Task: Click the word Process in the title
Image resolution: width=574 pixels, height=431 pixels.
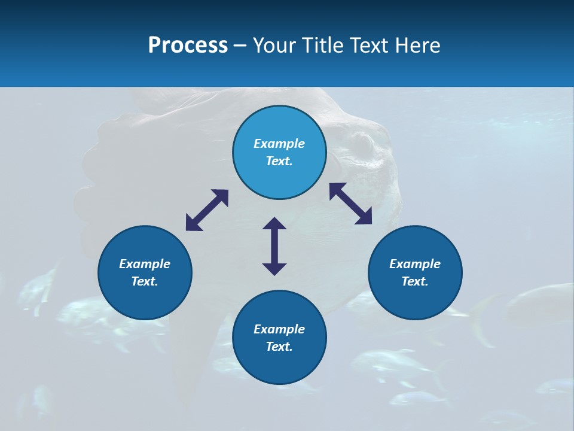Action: (x=188, y=45)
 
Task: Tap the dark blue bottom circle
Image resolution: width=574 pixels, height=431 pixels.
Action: (x=279, y=365)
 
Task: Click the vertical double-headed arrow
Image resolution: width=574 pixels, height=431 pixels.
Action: (x=274, y=246)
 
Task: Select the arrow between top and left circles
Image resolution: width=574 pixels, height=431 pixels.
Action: (x=207, y=210)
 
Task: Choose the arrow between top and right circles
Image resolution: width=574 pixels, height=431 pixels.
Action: (x=351, y=204)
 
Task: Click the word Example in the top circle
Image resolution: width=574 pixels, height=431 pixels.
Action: (x=279, y=144)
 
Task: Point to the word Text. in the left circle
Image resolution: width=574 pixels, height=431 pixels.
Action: (x=145, y=281)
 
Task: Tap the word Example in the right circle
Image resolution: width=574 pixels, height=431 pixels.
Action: (x=415, y=264)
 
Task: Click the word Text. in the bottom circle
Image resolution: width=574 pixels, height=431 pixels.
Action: (x=279, y=347)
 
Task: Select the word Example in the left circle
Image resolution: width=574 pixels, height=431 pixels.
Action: (x=145, y=264)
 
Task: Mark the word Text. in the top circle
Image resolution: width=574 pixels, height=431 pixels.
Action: (x=279, y=161)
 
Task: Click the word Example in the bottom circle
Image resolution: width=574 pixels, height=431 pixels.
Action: (x=279, y=329)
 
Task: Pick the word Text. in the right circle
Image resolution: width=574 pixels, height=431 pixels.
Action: (x=415, y=281)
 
